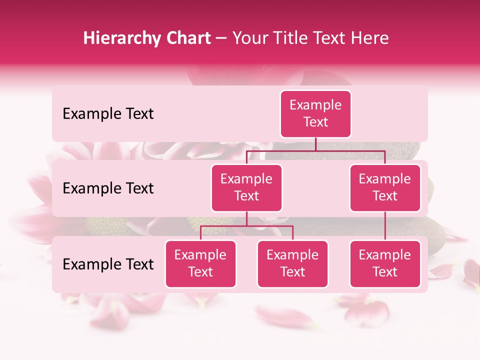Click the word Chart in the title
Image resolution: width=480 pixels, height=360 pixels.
coord(188,38)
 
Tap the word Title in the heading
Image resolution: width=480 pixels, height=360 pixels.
coord(294,38)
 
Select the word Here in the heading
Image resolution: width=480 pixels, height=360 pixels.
coord(370,38)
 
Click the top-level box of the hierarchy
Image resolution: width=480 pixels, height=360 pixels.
coord(315,113)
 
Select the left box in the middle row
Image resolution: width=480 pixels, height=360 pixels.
coord(246,187)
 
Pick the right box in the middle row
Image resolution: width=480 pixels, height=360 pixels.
coord(385,187)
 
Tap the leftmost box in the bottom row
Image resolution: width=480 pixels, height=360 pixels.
coord(200,263)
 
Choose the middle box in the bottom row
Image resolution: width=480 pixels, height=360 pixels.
coord(292,263)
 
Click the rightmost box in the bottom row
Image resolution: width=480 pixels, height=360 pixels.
coord(385,263)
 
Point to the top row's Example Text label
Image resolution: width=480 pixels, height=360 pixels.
coord(108,114)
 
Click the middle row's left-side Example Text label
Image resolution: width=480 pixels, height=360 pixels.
coord(108,188)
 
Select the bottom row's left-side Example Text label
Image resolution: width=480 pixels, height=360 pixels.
coord(108,264)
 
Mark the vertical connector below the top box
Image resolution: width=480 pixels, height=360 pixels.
coord(315,144)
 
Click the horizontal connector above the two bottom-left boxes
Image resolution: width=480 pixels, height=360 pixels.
coord(246,226)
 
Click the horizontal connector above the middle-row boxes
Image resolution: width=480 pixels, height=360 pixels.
coord(315,150)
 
